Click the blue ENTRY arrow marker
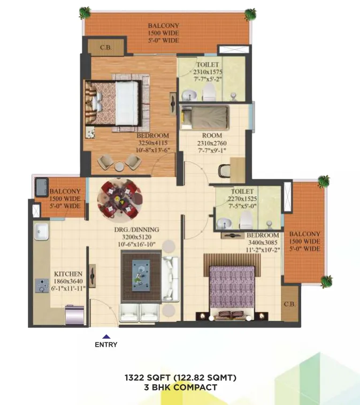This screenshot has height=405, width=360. coord(106,337)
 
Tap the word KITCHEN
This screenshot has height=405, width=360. coord(68,274)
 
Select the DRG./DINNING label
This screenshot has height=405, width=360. coord(136,230)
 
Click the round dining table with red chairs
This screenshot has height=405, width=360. coord(120,200)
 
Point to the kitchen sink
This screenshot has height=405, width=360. coord(41,232)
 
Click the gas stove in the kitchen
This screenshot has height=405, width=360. coord(42,285)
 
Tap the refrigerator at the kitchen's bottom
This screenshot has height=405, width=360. coord(75,315)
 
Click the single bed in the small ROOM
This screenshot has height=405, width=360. coord(205,118)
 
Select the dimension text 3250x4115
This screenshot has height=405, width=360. coord(153,143)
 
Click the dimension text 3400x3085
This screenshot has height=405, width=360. coord(263,242)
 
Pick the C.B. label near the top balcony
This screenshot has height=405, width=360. coord(105,48)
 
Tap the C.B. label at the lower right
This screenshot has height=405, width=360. coord(289,304)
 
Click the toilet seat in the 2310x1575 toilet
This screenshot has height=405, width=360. coord(209,92)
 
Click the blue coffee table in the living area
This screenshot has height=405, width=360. coord(141,276)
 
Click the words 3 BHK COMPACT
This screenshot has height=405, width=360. coord(180,387)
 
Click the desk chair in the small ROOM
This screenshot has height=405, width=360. coord(224,171)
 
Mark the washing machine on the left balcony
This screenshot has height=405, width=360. coord(42,187)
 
